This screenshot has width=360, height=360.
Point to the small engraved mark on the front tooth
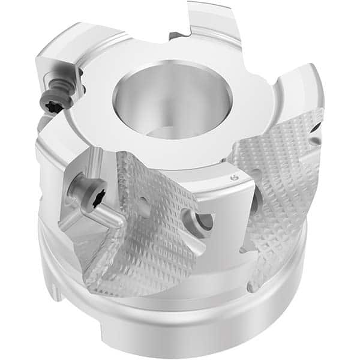point(233,179)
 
